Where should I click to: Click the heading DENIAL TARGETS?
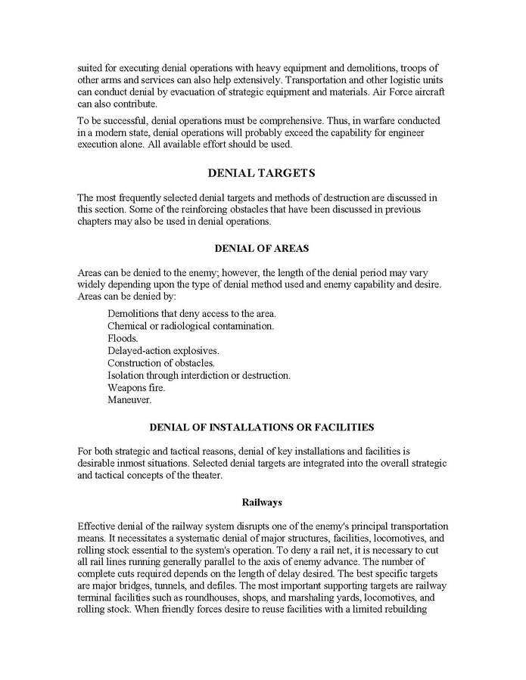(x=262, y=173)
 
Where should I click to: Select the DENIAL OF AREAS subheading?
(x=262, y=247)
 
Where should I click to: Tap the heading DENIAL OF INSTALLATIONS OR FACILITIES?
(x=262, y=427)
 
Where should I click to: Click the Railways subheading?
(x=262, y=501)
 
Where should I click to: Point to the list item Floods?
(x=123, y=339)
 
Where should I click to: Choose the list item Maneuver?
(x=129, y=399)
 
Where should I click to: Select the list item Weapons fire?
(x=136, y=387)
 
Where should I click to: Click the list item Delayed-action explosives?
(x=163, y=351)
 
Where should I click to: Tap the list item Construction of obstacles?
(x=161, y=363)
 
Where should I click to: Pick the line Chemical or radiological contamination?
(x=191, y=327)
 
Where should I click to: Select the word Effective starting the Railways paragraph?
(x=98, y=526)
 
